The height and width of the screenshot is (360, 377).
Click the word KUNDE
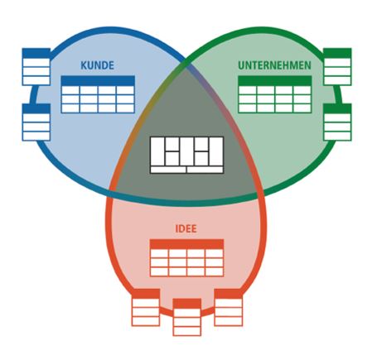point(97,65)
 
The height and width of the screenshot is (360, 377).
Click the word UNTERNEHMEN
point(274,65)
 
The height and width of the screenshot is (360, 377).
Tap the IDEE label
point(186,228)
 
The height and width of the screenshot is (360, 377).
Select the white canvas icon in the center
point(186,155)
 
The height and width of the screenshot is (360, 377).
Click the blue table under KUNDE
point(98,94)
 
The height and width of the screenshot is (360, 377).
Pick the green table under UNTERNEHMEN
point(275,94)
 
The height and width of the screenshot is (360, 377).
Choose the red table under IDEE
point(186,257)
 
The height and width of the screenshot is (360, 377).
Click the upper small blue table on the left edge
point(36,67)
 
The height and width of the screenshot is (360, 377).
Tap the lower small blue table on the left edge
point(36,122)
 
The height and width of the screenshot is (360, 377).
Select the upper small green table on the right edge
point(337,67)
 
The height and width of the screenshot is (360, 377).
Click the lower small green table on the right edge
point(337,122)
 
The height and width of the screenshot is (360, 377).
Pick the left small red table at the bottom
point(146,307)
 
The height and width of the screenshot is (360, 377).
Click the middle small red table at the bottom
point(187,317)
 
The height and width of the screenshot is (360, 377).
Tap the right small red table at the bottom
point(229,307)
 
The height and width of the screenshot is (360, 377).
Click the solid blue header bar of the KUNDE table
point(98,80)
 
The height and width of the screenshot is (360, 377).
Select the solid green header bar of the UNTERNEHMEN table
point(275,80)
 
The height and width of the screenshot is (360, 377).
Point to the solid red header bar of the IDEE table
point(186,244)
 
